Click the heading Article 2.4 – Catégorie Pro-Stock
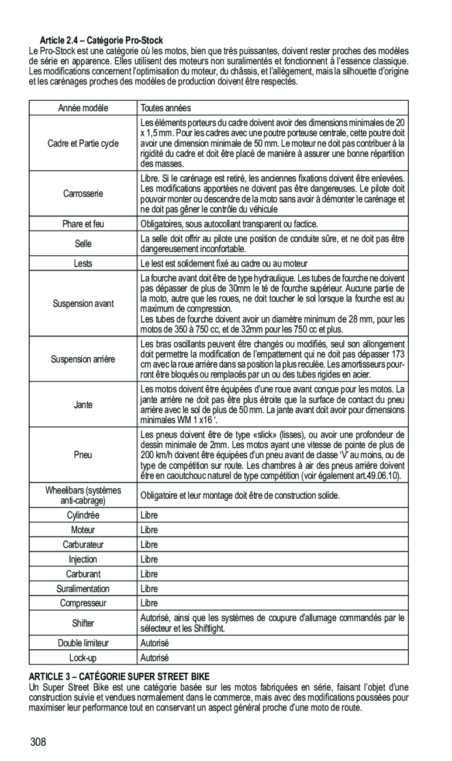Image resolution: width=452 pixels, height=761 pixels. click(101, 40)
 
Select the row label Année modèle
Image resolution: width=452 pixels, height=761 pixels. click(83, 108)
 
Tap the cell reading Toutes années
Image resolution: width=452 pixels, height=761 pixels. click(165, 108)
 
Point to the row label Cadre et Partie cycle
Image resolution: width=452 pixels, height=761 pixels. click(83, 143)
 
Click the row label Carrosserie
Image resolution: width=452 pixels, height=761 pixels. click(83, 193)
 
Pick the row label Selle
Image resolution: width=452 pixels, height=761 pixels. click(83, 243)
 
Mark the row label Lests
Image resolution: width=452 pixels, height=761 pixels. click(83, 263)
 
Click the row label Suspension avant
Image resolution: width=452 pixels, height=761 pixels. click(83, 303)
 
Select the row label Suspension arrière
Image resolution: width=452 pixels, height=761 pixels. click(83, 358)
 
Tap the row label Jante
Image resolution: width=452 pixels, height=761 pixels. click(83, 405)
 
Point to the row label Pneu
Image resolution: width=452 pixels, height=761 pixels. click(83, 455)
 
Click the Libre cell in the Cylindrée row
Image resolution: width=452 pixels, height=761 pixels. click(149, 516)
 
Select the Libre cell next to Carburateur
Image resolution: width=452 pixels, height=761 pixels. click(149, 544)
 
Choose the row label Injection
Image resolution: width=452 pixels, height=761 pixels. click(83, 559)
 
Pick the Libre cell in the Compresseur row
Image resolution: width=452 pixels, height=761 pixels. click(149, 602)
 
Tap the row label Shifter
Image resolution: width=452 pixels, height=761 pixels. click(83, 622)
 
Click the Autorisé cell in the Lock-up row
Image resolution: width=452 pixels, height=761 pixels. click(153, 657)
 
